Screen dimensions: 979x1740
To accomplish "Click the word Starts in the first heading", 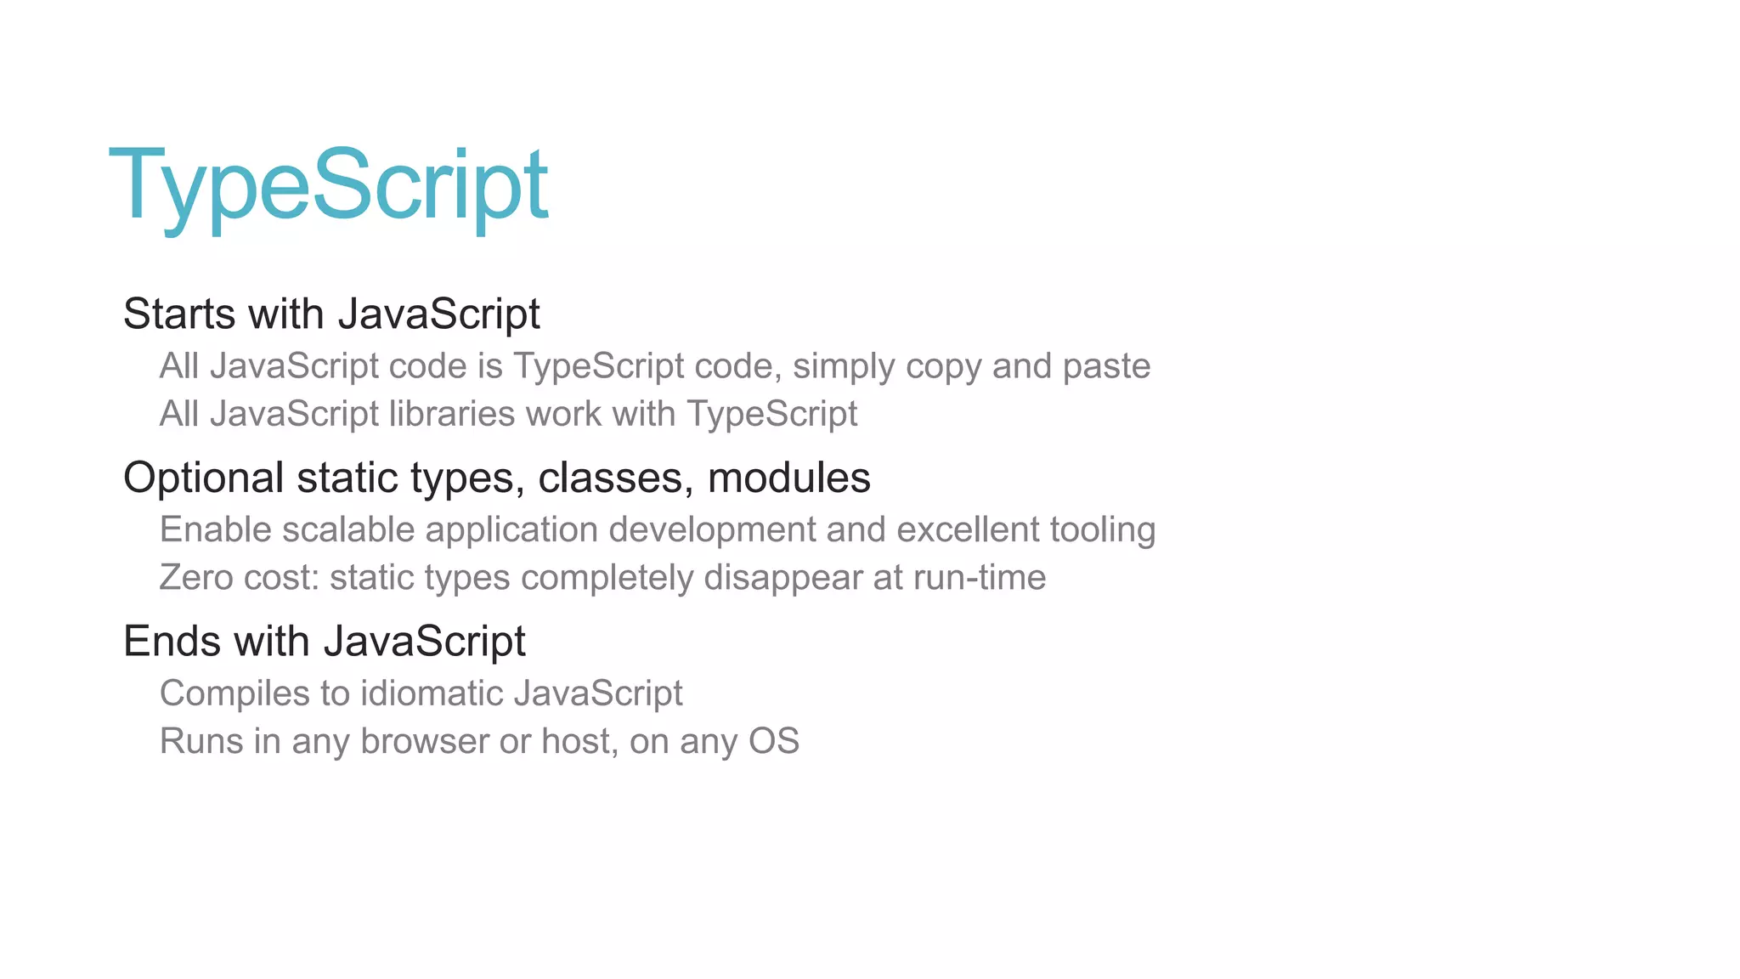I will pos(179,314).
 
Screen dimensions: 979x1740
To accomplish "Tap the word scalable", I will pos(348,529).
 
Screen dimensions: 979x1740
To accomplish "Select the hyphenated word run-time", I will pos(979,578).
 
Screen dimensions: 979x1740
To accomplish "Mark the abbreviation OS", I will pos(773,741).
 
